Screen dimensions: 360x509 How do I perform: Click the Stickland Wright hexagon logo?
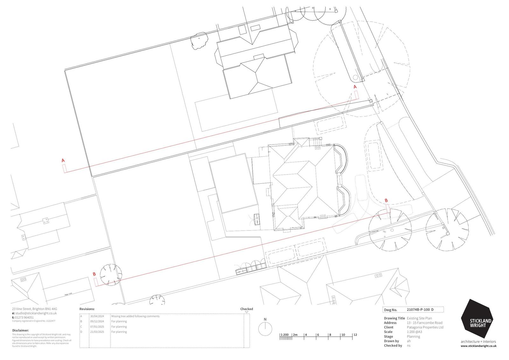pyautogui.click(x=476, y=319)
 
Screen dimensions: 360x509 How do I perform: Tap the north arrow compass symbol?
pyautogui.click(x=265, y=329)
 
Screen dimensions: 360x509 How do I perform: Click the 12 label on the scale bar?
pyautogui.click(x=355, y=335)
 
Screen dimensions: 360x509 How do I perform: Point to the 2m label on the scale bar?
pyautogui.click(x=295, y=335)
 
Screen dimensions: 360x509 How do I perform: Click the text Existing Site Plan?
pyautogui.click(x=419, y=318)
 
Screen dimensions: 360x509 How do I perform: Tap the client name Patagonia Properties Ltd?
pyautogui.click(x=425, y=327)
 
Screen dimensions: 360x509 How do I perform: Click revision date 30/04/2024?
pyautogui.click(x=97, y=316)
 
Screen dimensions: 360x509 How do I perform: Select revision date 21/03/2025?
pyautogui.click(x=97, y=332)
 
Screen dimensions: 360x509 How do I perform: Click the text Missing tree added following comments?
pyautogui.click(x=135, y=316)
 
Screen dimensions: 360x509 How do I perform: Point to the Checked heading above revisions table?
pyautogui.click(x=247, y=309)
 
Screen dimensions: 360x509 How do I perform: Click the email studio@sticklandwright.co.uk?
pyautogui.click(x=36, y=313)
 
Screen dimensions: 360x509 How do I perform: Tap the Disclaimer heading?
pyautogui.click(x=20, y=330)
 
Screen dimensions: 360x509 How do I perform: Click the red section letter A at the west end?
pyautogui.click(x=63, y=160)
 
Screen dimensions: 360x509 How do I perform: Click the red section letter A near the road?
pyautogui.click(x=355, y=87)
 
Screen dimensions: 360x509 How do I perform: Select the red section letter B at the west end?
pyautogui.click(x=94, y=274)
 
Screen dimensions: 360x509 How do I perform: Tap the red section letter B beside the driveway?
pyautogui.click(x=386, y=200)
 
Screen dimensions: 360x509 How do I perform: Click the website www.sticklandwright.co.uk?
pyautogui.click(x=478, y=346)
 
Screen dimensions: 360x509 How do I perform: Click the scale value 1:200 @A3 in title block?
pyautogui.click(x=415, y=332)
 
